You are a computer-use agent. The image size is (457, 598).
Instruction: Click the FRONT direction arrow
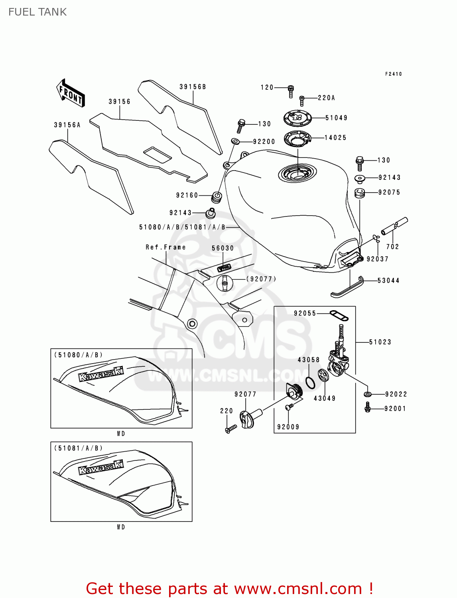(70, 93)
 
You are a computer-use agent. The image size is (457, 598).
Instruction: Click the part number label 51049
(336, 118)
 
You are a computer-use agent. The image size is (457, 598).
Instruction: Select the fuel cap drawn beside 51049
(297, 118)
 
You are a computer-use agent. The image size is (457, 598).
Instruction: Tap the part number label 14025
(335, 138)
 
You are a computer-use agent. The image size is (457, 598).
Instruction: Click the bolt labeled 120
(291, 91)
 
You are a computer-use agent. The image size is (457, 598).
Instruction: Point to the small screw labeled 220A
(302, 100)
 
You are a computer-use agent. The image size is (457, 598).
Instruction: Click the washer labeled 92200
(235, 141)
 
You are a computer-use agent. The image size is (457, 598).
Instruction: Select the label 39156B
(193, 87)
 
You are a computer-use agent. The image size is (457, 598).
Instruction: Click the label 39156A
(67, 125)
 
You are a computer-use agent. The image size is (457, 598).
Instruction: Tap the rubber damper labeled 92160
(217, 197)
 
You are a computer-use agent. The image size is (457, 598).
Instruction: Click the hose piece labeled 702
(394, 226)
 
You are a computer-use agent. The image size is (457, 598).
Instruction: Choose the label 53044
(388, 281)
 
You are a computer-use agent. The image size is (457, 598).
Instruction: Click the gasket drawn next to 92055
(339, 316)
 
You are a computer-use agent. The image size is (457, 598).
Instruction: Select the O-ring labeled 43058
(310, 382)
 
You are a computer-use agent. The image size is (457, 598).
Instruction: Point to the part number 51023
(380, 342)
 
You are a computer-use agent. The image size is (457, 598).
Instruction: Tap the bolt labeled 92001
(368, 407)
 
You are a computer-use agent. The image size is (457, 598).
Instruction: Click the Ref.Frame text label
(165, 247)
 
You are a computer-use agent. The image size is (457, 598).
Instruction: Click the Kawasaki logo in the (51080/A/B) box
(101, 374)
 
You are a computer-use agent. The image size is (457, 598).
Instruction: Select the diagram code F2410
(393, 74)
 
